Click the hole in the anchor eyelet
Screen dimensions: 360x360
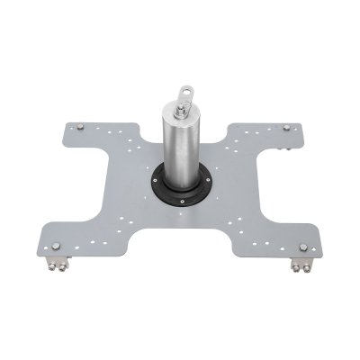[188, 90]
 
